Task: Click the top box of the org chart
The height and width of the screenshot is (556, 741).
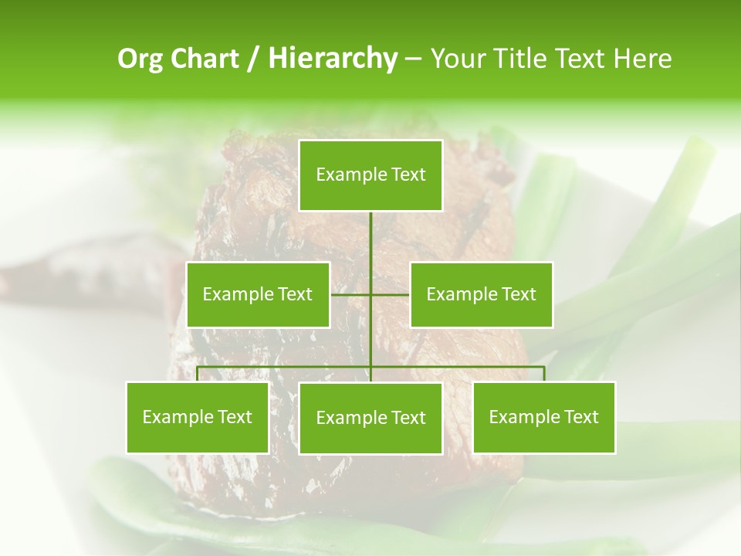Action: (370, 175)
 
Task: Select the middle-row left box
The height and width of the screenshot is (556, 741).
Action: (258, 294)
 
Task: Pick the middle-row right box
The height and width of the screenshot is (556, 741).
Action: (481, 294)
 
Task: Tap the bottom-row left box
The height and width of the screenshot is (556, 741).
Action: (198, 417)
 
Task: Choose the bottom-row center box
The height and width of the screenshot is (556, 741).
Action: (370, 418)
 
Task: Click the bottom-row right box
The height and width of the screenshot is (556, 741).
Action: (543, 417)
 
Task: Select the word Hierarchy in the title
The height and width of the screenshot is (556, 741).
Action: (333, 59)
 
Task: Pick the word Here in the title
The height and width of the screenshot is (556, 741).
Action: (642, 59)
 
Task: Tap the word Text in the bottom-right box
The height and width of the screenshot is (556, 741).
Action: (580, 417)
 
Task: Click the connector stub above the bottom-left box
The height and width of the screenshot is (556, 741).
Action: (198, 374)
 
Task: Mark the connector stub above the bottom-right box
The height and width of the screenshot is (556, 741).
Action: (544, 374)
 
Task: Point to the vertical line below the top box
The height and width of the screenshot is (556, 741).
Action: (370, 239)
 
